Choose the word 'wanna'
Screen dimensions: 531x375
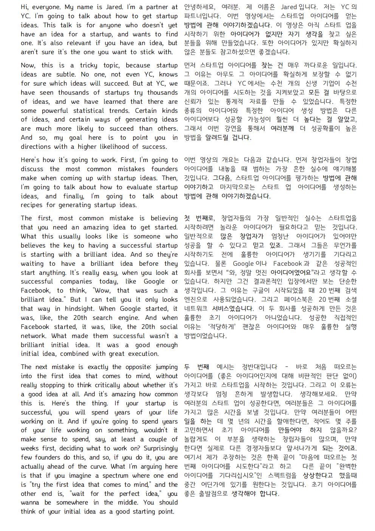click(x=30, y=503)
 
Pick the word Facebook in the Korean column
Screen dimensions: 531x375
click(x=288, y=263)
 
